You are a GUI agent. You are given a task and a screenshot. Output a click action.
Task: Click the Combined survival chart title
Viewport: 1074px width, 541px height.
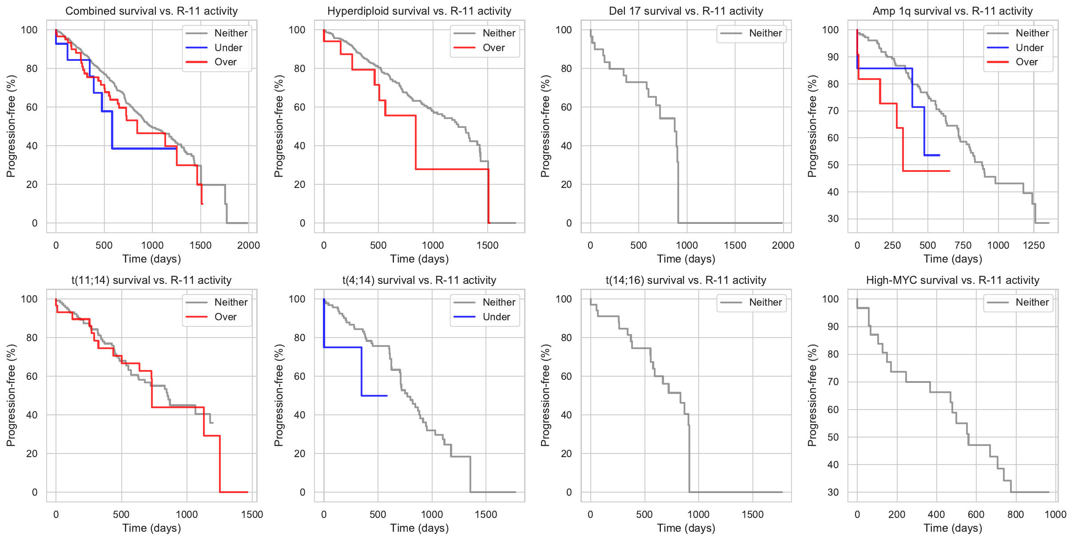click(x=151, y=11)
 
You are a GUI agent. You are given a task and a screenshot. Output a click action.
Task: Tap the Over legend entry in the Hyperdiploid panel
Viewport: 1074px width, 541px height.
click(x=493, y=48)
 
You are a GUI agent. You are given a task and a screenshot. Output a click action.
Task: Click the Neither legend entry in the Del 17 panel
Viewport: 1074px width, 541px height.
click(x=765, y=33)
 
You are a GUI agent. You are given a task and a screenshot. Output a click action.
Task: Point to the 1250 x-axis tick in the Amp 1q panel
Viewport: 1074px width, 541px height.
click(x=1034, y=245)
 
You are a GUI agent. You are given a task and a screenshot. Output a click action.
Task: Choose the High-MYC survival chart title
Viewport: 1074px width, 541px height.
click(x=952, y=280)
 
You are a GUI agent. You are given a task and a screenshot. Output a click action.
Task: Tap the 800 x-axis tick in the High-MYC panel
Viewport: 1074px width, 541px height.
click(x=1015, y=514)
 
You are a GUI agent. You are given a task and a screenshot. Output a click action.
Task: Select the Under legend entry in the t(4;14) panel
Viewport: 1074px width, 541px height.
click(x=496, y=317)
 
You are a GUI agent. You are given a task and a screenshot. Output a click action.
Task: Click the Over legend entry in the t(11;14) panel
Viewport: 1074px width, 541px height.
click(x=225, y=317)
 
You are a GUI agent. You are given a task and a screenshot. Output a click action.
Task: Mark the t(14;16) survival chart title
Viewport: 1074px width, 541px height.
click(x=686, y=280)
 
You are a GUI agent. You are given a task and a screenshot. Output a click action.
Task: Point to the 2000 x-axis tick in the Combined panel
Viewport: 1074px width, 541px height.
click(x=248, y=245)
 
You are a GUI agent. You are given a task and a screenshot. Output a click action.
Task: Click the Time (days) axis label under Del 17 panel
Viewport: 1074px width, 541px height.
click(x=686, y=259)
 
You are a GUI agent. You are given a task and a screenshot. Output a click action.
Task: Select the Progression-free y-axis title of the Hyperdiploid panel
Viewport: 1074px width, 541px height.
click(x=278, y=126)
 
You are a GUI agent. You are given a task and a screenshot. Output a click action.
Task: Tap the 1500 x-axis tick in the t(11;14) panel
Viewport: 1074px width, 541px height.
click(x=252, y=514)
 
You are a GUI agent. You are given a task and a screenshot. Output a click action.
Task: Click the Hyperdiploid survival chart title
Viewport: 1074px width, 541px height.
click(x=419, y=11)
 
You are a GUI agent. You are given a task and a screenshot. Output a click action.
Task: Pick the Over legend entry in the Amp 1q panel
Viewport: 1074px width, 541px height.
click(x=1026, y=62)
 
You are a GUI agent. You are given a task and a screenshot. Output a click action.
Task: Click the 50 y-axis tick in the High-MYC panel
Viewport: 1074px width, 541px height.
click(x=830, y=437)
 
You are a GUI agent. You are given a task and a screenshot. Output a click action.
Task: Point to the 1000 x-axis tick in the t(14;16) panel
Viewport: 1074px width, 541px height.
click(x=698, y=514)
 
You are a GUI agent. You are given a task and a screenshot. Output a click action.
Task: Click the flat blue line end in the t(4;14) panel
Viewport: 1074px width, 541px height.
click(x=387, y=396)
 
